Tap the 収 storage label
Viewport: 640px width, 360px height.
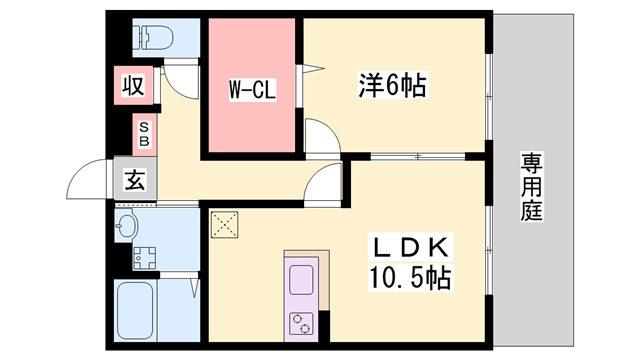tap(133, 86)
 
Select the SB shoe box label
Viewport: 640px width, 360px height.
tap(144, 133)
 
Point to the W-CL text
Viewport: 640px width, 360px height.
tap(252, 89)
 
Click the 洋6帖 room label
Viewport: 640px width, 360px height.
tap(393, 87)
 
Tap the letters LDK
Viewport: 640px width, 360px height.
tap(413, 246)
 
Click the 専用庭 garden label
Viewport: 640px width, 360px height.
tap(530, 186)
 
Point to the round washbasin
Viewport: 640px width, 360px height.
tap(126, 224)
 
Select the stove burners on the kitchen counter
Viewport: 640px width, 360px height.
tap(301, 322)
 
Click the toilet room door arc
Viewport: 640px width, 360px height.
tap(177, 78)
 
